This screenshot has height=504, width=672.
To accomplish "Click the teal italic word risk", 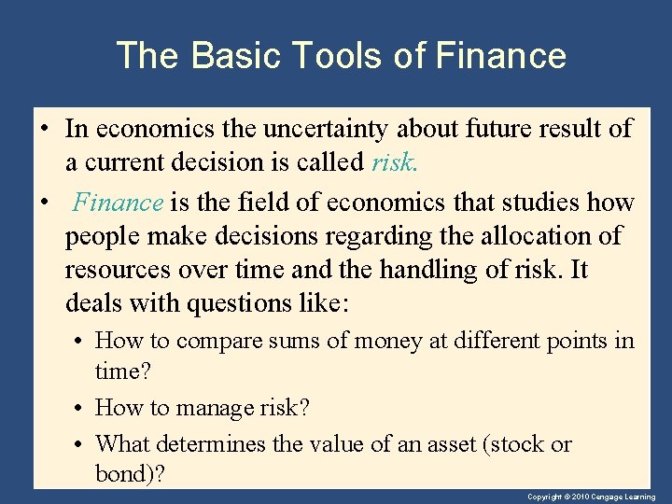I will [x=394, y=162].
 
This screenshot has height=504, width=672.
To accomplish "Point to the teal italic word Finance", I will [x=119, y=203].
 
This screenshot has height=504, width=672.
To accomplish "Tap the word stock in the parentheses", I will [x=517, y=443].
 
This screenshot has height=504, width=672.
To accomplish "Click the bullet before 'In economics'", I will [x=45, y=129].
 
